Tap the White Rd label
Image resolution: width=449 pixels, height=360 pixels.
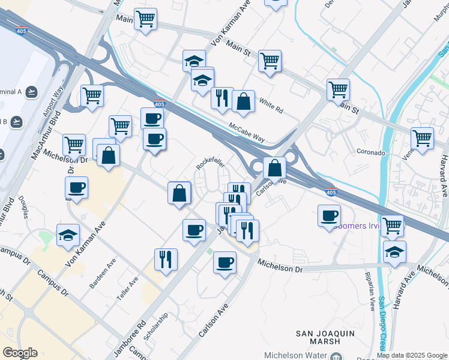[x=271, y=105]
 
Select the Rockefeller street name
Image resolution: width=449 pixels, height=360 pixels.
[x=211, y=163]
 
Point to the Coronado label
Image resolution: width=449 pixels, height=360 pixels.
[x=370, y=152]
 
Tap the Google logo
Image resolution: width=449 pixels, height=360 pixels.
[x=20, y=353]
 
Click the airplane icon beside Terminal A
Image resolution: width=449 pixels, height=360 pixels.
[x=31, y=92]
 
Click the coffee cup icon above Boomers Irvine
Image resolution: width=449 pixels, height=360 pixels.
[x=329, y=216]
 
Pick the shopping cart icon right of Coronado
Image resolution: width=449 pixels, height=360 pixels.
[x=423, y=137]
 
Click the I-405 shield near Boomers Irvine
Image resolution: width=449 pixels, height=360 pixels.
[x=330, y=192]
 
